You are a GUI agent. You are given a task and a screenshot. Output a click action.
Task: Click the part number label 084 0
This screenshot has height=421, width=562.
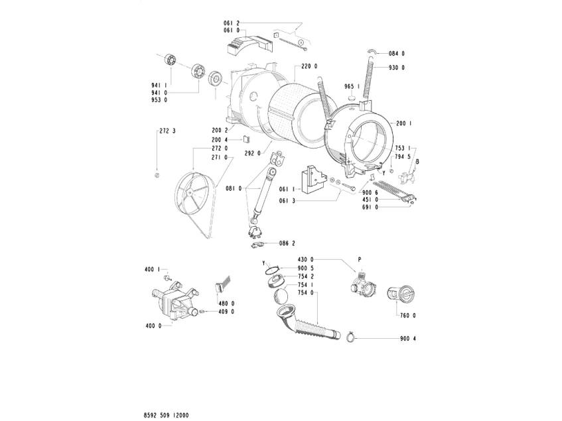[397, 54]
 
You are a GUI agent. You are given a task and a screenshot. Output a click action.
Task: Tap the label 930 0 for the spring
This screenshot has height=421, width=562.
[397, 68]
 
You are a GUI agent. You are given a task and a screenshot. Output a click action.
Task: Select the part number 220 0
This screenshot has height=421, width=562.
[309, 66]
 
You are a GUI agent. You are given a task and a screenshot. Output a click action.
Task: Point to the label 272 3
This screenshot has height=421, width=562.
[167, 131]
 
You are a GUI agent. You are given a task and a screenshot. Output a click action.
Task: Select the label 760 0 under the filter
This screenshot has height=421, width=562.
[407, 316]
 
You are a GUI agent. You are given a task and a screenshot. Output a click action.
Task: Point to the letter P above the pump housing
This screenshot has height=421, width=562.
[359, 259]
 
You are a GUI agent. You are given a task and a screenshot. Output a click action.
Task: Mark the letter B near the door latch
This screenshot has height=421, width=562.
[417, 160]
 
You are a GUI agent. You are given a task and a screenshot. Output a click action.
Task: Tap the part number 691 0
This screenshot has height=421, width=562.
[370, 208]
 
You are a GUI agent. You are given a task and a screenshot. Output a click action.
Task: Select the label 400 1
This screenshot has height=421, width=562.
[152, 269]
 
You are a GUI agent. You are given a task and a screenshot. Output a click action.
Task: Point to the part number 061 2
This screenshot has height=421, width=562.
[232, 23]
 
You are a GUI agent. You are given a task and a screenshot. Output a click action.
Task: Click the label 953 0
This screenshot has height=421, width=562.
[159, 100]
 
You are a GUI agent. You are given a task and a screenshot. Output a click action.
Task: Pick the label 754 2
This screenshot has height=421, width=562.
[304, 276]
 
